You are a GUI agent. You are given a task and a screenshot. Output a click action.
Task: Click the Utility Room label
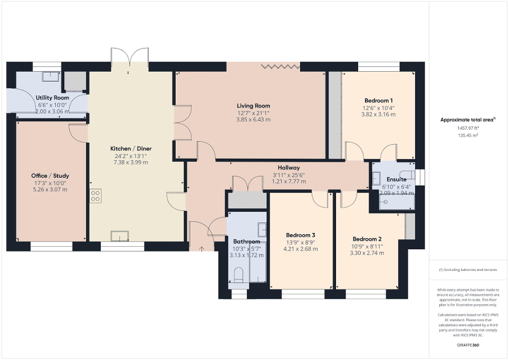[52, 98]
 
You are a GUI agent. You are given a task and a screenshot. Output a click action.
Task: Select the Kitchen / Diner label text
[128, 148]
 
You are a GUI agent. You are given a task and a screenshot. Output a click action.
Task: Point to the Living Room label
[253, 105]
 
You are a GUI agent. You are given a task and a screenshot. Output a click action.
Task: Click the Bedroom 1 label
[378, 100]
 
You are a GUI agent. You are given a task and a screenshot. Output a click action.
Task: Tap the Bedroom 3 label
[301, 235]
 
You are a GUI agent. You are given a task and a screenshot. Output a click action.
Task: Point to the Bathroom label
[246, 241]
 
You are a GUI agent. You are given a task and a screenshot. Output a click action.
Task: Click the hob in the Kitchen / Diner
[95, 196]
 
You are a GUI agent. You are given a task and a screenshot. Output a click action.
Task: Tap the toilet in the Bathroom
[238, 274]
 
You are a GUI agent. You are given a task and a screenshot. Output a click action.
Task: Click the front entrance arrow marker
[201, 247]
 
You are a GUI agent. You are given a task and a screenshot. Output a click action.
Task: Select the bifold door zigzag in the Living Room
[281, 66]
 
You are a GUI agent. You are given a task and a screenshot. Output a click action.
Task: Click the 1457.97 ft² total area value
[468, 128]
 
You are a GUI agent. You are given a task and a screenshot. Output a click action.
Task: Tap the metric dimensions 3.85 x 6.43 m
[253, 120]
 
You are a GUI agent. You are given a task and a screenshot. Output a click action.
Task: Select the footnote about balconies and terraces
[468, 269]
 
